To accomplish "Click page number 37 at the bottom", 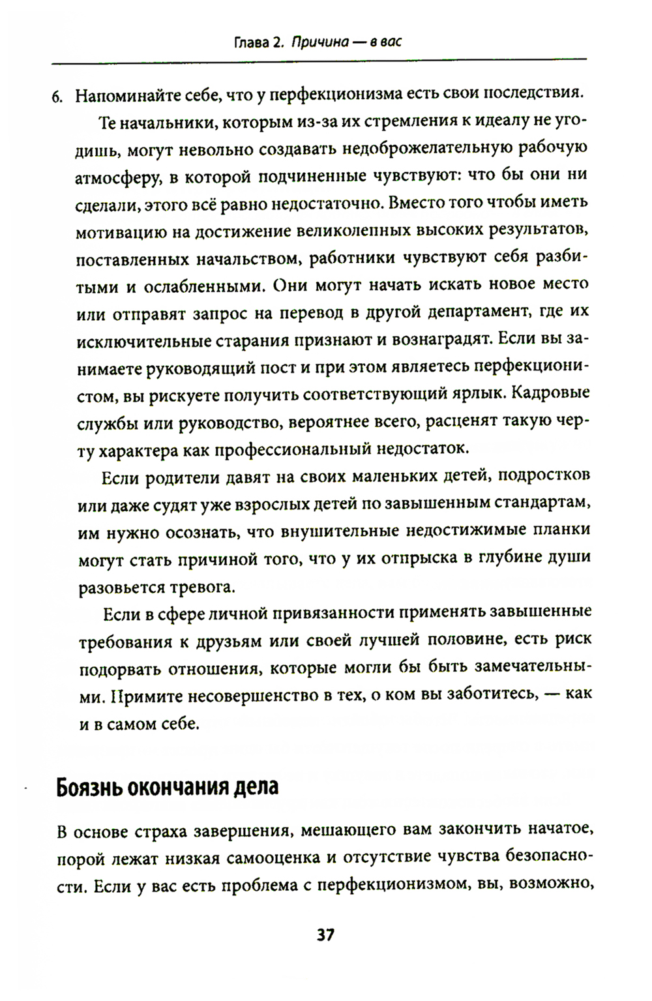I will (325, 935).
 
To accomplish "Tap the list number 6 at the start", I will (57, 96).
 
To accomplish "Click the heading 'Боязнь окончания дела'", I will (168, 787).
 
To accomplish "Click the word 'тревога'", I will (202, 587).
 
